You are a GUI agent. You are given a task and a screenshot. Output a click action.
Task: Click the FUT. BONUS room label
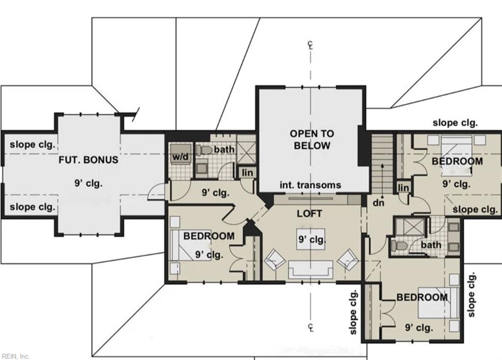[88, 160]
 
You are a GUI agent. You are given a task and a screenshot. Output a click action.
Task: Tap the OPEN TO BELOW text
[311, 140]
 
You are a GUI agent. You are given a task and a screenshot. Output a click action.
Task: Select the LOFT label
[309, 214]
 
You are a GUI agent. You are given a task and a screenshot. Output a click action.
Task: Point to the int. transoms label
[310, 185]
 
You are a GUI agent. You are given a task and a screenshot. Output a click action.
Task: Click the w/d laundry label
[179, 157]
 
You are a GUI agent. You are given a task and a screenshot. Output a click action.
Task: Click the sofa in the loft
[310, 269]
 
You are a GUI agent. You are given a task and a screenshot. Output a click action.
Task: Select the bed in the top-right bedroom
[454, 155]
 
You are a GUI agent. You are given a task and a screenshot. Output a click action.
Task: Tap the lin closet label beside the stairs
[403, 188]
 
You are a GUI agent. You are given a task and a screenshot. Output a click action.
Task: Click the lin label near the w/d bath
[247, 172]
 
